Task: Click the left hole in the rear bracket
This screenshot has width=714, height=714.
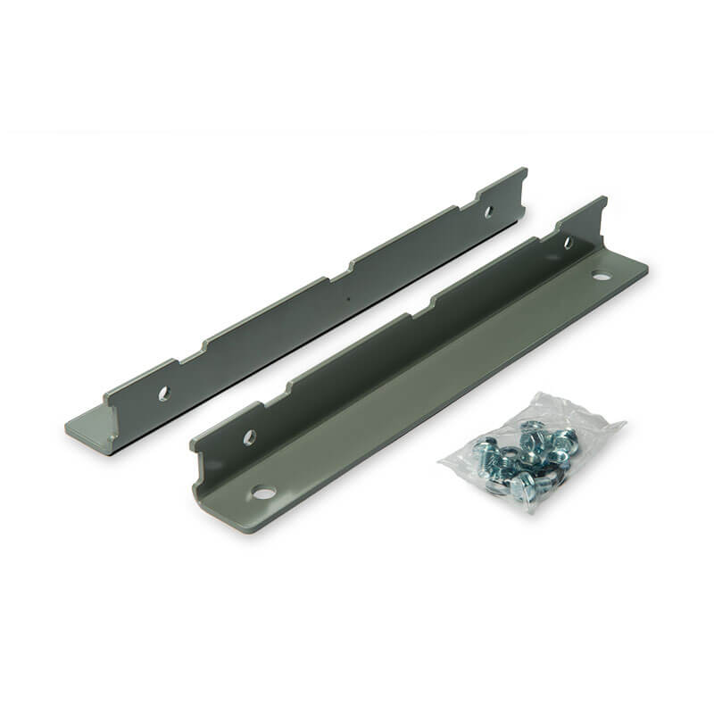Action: coord(163,392)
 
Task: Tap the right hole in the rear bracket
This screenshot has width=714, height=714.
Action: coord(487,212)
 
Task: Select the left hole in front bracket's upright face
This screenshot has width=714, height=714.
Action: coord(250,436)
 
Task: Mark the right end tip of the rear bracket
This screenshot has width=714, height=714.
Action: coord(525,171)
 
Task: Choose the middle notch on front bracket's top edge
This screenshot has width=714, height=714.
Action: coord(419,308)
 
